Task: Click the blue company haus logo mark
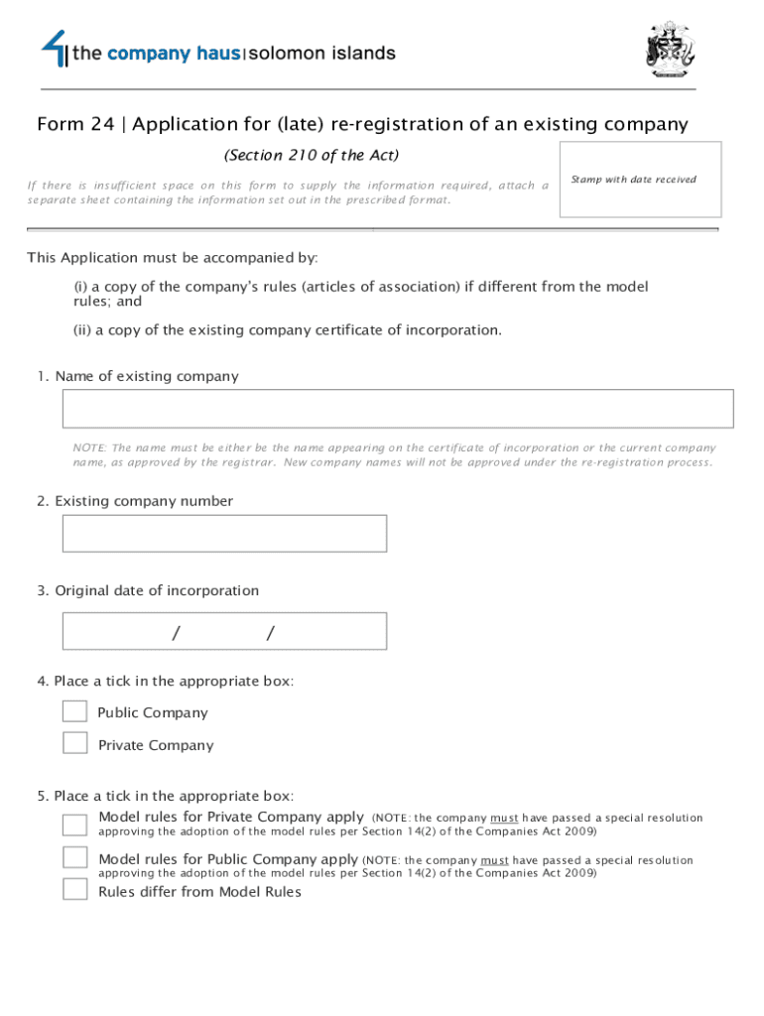(x=54, y=47)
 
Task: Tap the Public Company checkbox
(x=74, y=711)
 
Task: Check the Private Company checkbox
(x=74, y=743)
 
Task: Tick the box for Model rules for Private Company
(x=74, y=825)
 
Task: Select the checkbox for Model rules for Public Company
(x=74, y=857)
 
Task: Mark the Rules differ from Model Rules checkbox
(x=74, y=889)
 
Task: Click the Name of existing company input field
(x=398, y=409)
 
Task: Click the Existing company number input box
(x=224, y=534)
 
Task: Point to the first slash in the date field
(x=176, y=633)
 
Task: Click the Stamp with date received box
(x=640, y=180)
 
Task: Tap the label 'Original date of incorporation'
(x=157, y=591)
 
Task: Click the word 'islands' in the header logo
(x=361, y=54)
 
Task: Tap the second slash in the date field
(x=269, y=633)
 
